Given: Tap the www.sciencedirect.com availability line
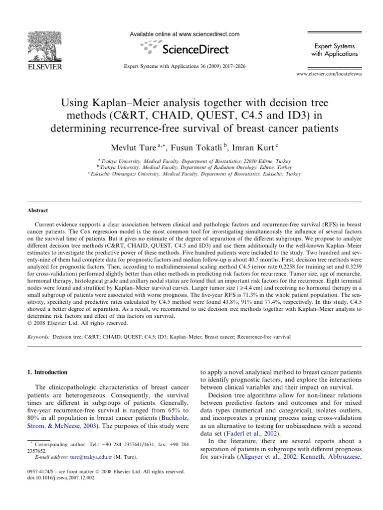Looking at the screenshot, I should tap(185, 34).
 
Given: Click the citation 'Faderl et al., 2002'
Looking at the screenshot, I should tap(245, 433).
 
